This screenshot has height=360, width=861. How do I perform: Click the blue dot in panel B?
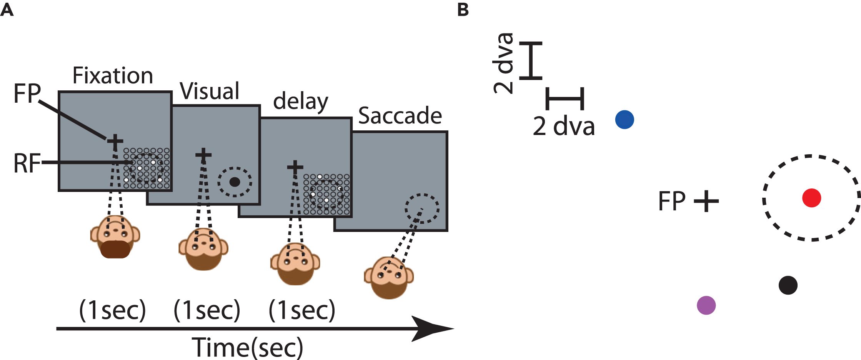coord(625,119)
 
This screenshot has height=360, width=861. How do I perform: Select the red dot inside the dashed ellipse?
coord(811,198)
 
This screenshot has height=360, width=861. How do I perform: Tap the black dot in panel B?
coord(788,285)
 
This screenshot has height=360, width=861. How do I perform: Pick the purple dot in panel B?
coord(706,305)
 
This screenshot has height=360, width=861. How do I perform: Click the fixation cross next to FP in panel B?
coord(706,201)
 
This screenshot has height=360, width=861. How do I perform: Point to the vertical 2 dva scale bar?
coord(531,61)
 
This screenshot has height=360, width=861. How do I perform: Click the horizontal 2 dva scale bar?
coord(565,98)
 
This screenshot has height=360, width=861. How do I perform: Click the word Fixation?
coord(113,75)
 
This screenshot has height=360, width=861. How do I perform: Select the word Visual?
coord(210,91)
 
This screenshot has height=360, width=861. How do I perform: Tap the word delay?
coord(300,102)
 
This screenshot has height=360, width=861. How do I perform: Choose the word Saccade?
coord(400,116)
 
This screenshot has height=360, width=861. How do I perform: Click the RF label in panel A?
coord(27,163)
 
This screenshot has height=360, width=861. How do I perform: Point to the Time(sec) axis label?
coord(247,347)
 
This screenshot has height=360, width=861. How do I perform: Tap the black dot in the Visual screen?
coord(235,182)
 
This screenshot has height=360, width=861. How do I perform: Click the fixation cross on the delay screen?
coord(295,167)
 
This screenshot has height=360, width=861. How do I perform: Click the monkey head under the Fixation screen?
coord(115,237)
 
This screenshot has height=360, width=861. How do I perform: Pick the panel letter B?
coord(463,10)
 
